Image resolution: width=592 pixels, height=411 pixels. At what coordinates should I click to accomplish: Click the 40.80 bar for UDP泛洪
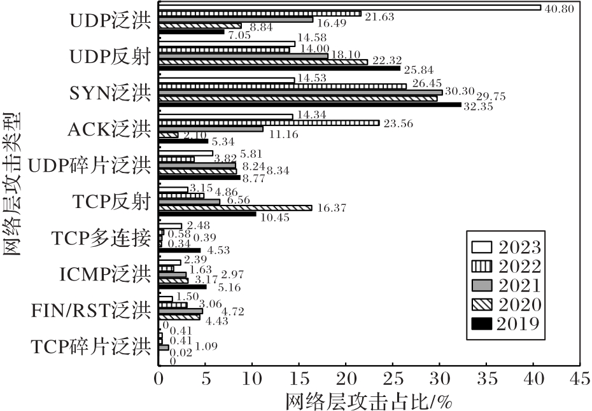click(x=349, y=8)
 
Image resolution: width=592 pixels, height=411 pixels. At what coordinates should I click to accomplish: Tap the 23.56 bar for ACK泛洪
click(x=269, y=123)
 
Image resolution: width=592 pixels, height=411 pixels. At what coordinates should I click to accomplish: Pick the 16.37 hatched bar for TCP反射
click(x=235, y=207)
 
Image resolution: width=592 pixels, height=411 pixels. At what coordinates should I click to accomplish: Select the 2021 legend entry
click(x=506, y=284)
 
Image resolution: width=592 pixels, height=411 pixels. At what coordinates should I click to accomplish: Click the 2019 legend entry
click(x=506, y=324)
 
